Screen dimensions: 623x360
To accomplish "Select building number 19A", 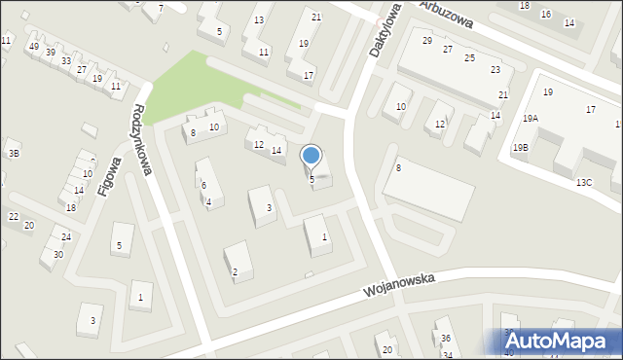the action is click(530, 118).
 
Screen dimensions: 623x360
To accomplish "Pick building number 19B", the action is click(522, 147).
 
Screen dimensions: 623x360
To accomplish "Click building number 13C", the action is click(583, 182).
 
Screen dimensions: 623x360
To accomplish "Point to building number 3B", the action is click(14, 153).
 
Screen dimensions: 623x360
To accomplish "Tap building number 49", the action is click(34, 47).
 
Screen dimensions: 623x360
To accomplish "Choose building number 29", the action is click(427, 41).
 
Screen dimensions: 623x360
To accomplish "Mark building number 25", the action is click(469, 58).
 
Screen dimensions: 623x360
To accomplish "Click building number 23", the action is click(495, 70).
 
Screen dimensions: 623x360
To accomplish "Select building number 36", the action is click(446, 338).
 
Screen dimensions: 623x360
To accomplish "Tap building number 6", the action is click(203, 185).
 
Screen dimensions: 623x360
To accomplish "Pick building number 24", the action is click(66, 236).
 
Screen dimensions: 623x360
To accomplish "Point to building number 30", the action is click(58, 254).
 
